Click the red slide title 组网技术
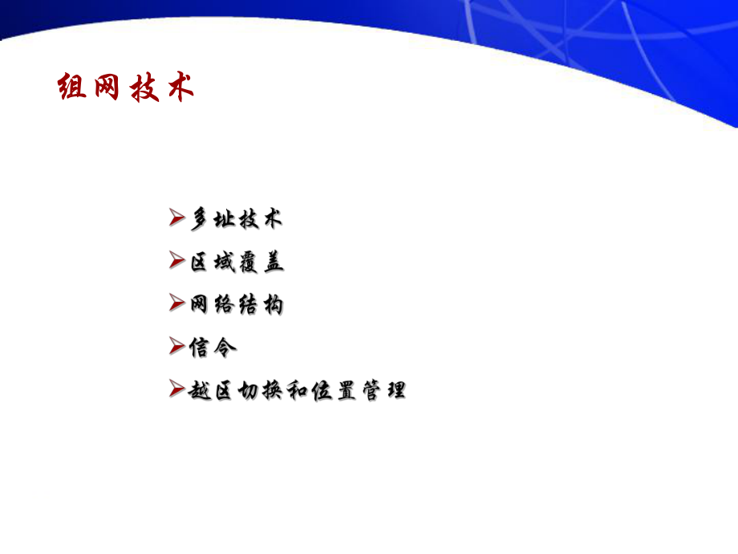pos(127,88)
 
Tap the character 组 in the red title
pos(73,88)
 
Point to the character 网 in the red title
pos(108,88)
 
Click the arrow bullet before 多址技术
pos(177,218)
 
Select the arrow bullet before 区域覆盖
pos(177,261)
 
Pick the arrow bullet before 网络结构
pos(177,303)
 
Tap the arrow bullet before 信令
pos(177,347)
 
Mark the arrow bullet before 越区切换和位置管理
pos(177,390)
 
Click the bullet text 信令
pos(213,348)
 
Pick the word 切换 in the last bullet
pos(262,391)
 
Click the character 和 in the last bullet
pos(298,391)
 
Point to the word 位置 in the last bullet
pos(335,391)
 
